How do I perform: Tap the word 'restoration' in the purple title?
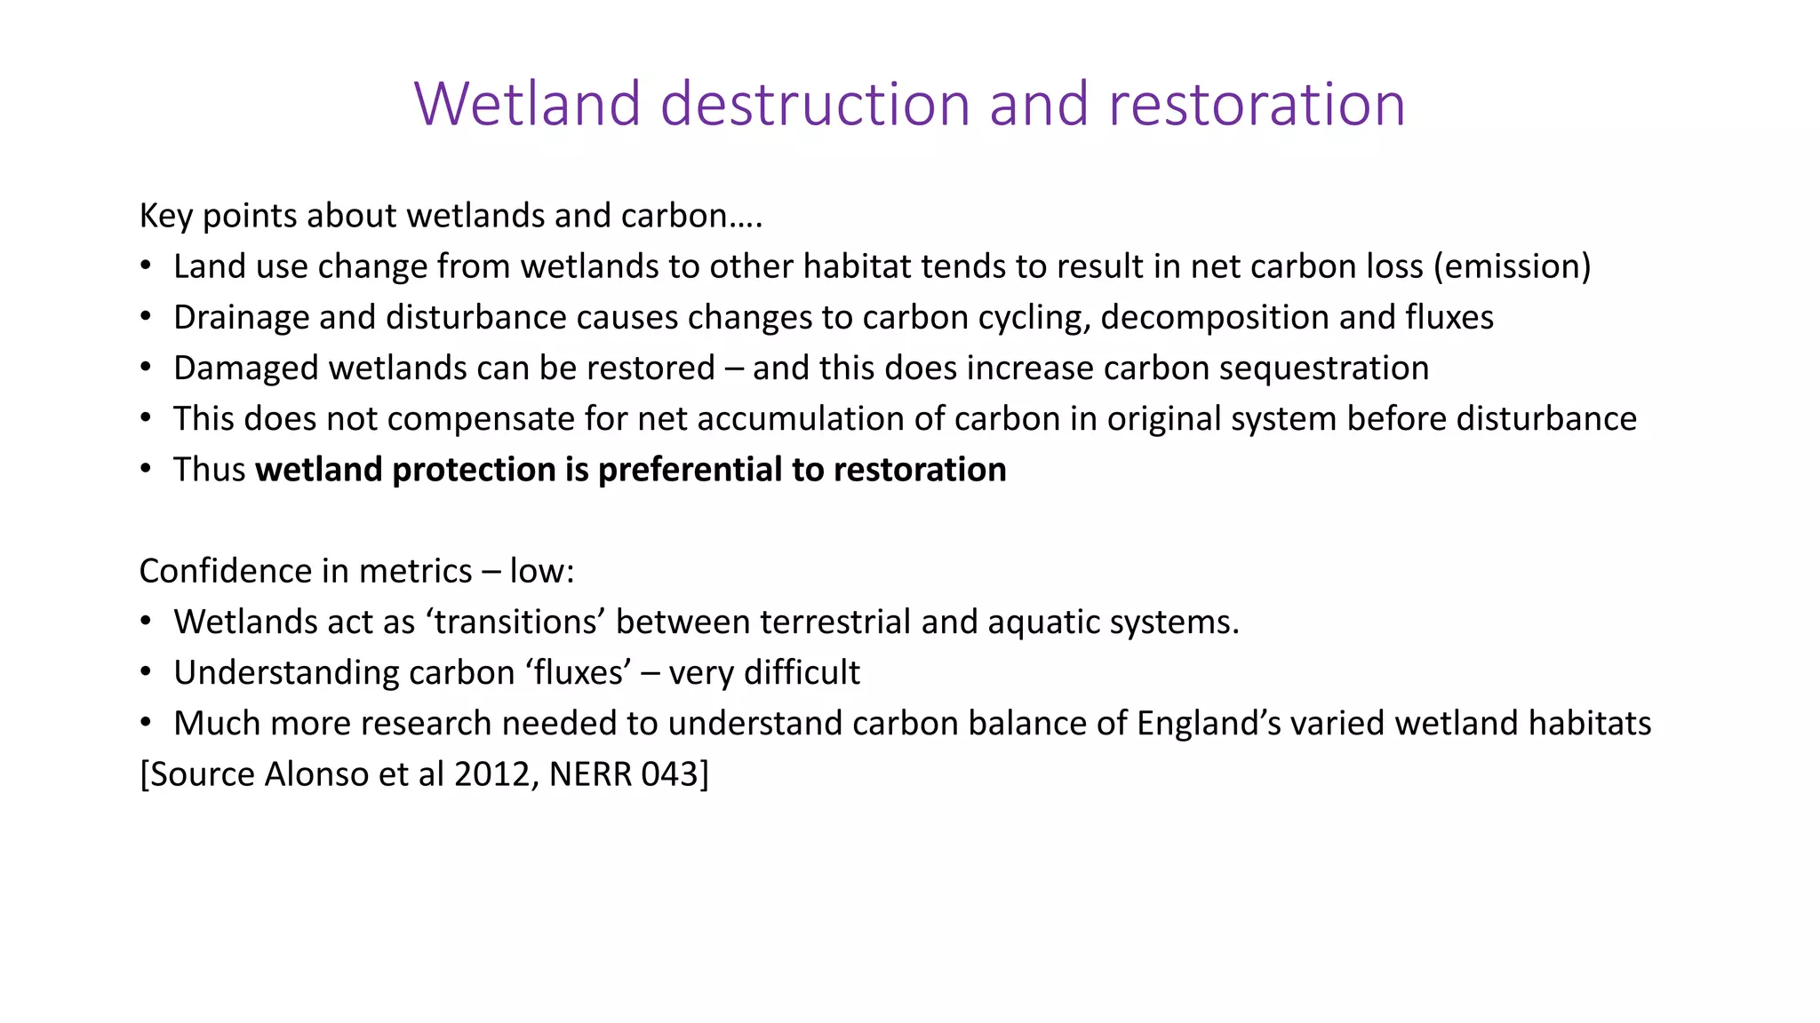tap(1257, 104)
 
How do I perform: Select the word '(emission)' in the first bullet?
tap(1512, 266)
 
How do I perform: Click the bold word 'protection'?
tap(474, 470)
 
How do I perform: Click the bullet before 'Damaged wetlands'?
tap(146, 368)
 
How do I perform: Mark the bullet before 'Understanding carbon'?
tap(146, 672)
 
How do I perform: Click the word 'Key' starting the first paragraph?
tap(165, 216)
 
